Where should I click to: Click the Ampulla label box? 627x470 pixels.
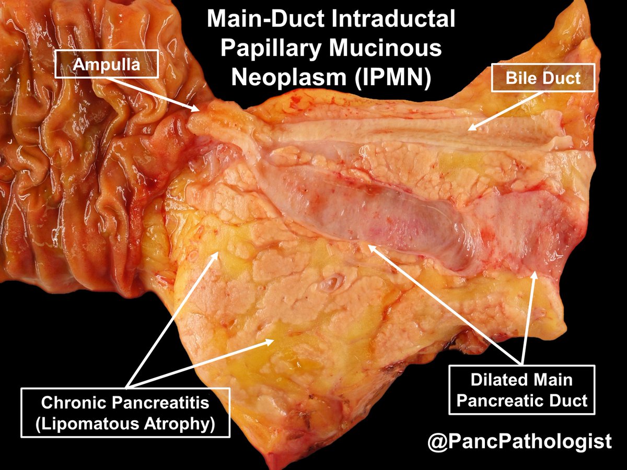[x=106, y=64]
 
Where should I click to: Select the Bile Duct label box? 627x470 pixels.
[x=543, y=78]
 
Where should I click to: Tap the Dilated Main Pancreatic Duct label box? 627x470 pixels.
[x=521, y=390]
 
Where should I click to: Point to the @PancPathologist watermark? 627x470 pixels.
[x=519, y=441]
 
